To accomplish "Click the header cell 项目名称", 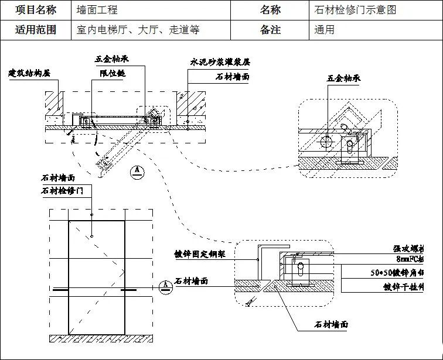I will [36, 10].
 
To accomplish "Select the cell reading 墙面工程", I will [97, 10].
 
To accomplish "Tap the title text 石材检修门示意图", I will [356, 10].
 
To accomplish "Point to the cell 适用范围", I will [36, 30].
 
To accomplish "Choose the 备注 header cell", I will [270, 30].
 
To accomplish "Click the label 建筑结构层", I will [29, 73].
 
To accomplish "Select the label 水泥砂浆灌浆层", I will [220, 61].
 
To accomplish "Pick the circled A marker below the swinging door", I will [137, 171].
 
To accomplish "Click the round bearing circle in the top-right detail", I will [326, 140].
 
